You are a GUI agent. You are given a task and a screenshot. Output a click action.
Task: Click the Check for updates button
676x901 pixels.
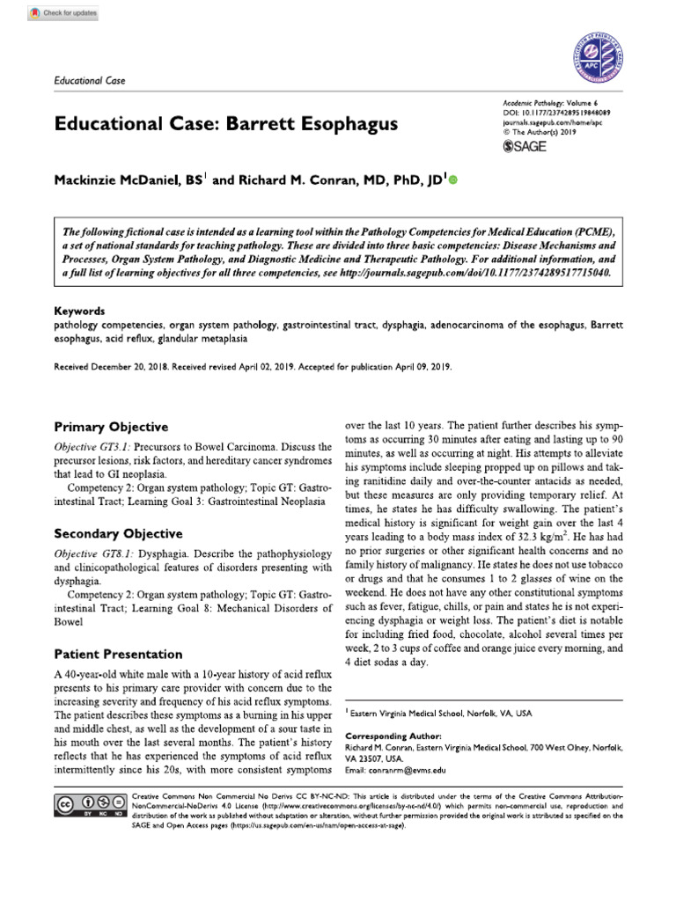tap(63, 14)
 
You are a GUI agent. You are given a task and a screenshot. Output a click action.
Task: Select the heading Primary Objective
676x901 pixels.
tap(111, 427)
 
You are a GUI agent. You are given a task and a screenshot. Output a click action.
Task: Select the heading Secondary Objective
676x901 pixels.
tap(118, 533)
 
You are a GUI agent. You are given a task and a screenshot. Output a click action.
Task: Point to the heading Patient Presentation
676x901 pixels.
tap(118, 654)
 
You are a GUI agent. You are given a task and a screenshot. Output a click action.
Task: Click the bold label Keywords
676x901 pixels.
tap(79, 311)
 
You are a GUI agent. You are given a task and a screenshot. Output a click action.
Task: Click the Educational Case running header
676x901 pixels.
tap(90, 81)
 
